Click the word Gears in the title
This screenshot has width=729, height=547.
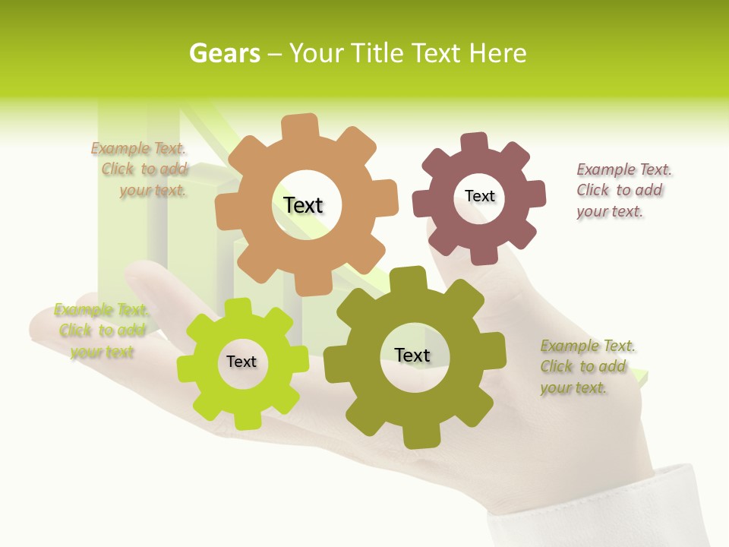[x=224, y=53]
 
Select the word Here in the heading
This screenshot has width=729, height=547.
[x=497, y=53]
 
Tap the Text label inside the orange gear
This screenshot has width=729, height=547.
[x=303, y=205]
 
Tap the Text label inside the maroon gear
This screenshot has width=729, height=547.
[x=480, y=196]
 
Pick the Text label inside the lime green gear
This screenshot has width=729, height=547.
[x=241, y=362]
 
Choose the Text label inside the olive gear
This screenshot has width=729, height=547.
[x=412, y=355]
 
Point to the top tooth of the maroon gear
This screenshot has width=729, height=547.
[x=475, y=143]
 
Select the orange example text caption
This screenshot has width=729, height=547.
[x=141, y=169]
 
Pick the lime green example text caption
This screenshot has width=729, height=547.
[x=101, y=330]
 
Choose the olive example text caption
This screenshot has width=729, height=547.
[x=585, y=367]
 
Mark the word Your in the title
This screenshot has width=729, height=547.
[x=317, y=53]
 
